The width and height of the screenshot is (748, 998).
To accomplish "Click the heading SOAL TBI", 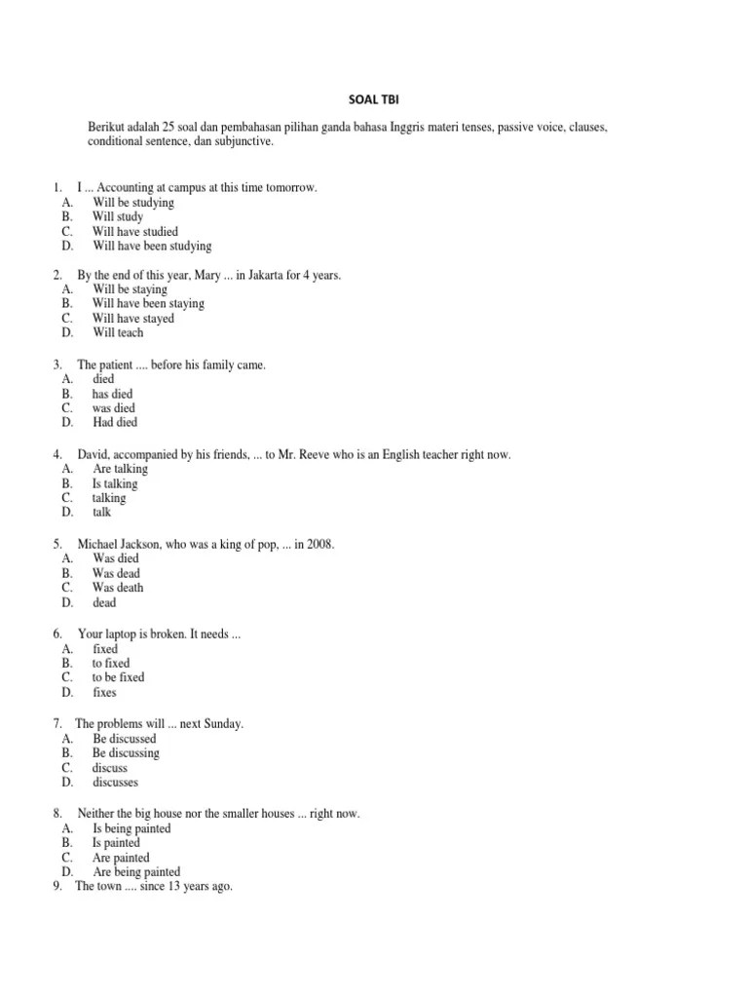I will point(374,98).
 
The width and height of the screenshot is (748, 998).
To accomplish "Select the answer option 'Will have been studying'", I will point(152,247).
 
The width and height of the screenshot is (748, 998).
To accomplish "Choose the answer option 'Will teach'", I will point(118,332).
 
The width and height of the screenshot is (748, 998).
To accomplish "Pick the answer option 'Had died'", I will point(115,422).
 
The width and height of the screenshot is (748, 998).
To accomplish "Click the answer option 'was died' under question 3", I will point(114,408).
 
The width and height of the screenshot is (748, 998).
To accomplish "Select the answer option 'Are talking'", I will point(120,469).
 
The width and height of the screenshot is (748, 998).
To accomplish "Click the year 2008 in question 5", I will point(319,544).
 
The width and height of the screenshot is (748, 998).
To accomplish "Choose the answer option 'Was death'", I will point(118,588).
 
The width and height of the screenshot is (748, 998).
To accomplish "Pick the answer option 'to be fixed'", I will point(118,677).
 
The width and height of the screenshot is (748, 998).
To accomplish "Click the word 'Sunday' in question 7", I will point(221,724).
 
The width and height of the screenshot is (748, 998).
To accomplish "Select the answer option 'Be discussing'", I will point(126,753).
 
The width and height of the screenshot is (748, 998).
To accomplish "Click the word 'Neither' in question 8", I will point(97,814).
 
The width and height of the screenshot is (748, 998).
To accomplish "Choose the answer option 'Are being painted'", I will point(136,872).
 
